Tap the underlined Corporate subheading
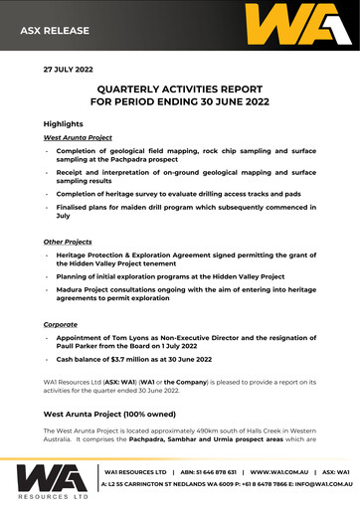point(62,324)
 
